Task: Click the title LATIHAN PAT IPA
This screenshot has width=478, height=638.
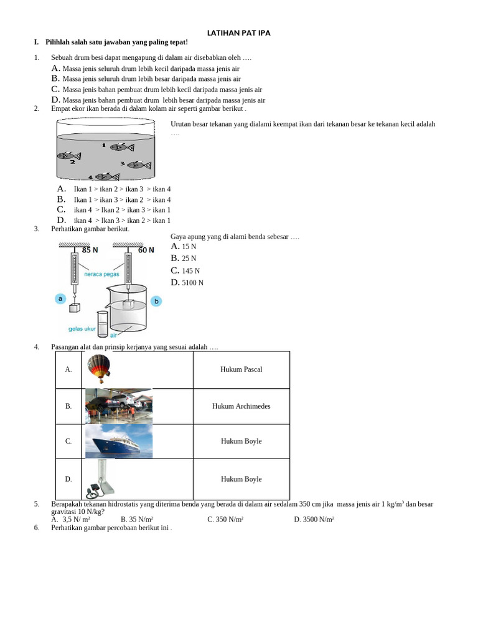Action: pyautogui.click(x=239, y=32)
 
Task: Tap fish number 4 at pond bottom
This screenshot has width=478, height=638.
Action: pyautogui.click(x=107, y=177)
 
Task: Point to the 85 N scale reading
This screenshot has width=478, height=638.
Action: pyautogui.click(x=90, y=250)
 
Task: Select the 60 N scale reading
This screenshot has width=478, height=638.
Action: pyautogui.click(x=146, y=250)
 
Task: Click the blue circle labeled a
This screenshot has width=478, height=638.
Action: pyautogui.click(x=60, y=298)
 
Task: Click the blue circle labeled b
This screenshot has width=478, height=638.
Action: pyautogui.click(x=156, y=301)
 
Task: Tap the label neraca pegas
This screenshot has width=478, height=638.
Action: pyautogui.click(x=101, y=274)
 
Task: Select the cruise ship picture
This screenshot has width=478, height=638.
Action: pyautogui.click(x=118, y=442)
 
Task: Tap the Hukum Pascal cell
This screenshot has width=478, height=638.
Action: pyautogui.click(x=241, y=369)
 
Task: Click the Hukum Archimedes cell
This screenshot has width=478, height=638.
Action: pyautogui.click(x=241, y=406)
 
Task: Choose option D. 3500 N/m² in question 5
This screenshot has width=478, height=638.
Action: pyautogui.click(x=314, y=519)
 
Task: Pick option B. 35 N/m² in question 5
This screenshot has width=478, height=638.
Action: pyautogui.click(x=137, y=519)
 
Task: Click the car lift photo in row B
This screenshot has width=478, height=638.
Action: pyautogui.click(x=118, y=406)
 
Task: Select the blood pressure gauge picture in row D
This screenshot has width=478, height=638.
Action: pyautogui.click(x=100, y=479)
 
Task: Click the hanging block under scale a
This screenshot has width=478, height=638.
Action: pyautogui.click(x=74, y=307)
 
